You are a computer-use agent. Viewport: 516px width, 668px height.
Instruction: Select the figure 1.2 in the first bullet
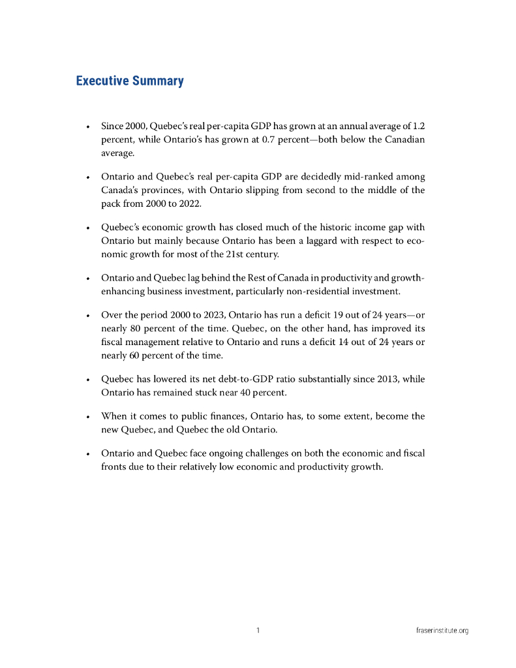(419, 126)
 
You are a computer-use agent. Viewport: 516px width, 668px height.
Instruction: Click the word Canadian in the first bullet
(405, 140)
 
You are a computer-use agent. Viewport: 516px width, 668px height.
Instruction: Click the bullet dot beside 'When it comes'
(87, 417)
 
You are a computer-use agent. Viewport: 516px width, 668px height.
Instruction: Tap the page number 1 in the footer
(258, 630)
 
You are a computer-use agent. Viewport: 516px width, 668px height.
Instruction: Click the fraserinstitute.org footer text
(442, 631)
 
